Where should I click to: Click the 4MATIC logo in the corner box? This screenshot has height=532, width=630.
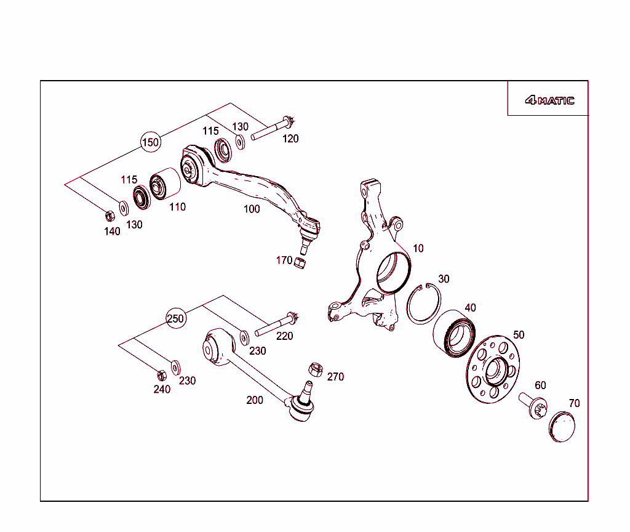pos(549,100)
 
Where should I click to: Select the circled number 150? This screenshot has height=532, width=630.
pos(150,142)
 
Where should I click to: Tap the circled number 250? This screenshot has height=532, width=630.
pos(175,318)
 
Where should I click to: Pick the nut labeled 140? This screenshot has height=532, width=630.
pos(110,216)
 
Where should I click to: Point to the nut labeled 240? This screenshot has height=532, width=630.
pos(161,374)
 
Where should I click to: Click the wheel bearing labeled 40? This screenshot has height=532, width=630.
pos(455,333)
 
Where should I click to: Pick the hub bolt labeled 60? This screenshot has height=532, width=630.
pos(533,405)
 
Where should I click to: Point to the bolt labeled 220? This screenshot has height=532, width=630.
pos(276,325)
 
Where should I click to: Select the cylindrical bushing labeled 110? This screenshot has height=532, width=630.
pos(164,184)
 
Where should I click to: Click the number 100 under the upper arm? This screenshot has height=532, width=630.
pos(252,209)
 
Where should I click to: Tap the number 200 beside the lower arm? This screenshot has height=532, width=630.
pos(255,400)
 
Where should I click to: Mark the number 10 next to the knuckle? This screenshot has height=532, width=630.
pos(418,249)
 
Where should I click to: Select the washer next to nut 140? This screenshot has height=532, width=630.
pos(124,208)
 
